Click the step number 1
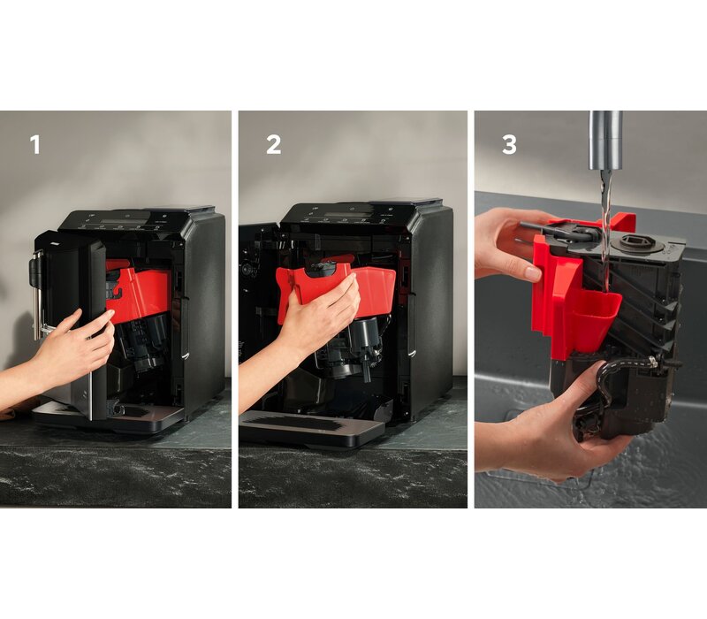pos(34,145)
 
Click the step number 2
pos(273,145)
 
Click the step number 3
pos(509,145)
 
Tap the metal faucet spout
pos(605,140)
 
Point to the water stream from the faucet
pos(605,234)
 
